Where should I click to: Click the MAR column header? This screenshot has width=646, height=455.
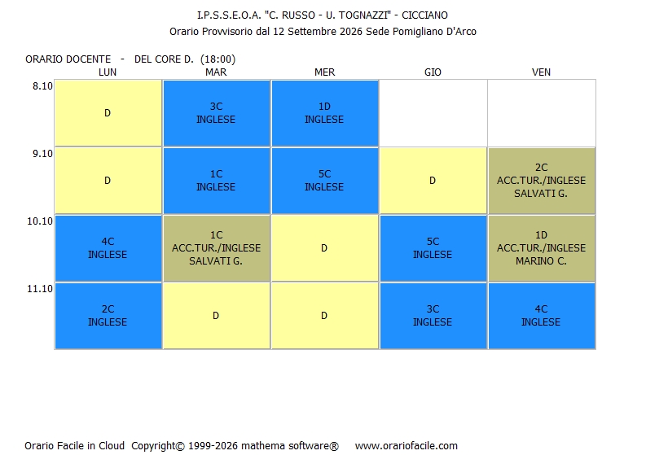click(216, 72)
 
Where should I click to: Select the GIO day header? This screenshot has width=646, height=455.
click(433, 72)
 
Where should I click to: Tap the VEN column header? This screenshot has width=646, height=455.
click(541, 72)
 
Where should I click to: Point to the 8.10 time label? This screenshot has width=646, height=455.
click(43, 86)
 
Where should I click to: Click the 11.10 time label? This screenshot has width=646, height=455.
click(40, 289)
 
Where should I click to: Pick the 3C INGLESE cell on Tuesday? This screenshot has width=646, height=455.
click(217, 113)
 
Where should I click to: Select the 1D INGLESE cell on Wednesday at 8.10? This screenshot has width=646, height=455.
click(325, 113)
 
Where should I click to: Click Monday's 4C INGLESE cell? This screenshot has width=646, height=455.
click(108, 248)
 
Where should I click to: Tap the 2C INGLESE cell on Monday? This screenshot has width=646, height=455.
click(108, 316)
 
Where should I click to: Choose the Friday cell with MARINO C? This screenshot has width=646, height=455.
click(542, 248)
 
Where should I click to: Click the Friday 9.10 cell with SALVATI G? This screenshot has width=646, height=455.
click(542, 181)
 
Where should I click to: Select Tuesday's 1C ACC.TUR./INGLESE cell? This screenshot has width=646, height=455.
click(217, 248)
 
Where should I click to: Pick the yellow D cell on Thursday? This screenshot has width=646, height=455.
click(433, 181)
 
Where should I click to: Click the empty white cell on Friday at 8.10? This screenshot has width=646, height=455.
click(542, 113)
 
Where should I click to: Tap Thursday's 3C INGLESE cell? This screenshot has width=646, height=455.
click(433, 316)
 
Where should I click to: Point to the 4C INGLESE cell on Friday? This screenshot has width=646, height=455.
click(542, 316)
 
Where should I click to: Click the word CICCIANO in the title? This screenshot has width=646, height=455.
click(424, 15)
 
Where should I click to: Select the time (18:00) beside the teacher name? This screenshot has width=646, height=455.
click(218, 59)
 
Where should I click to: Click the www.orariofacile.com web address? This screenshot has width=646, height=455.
click(406, 445)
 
